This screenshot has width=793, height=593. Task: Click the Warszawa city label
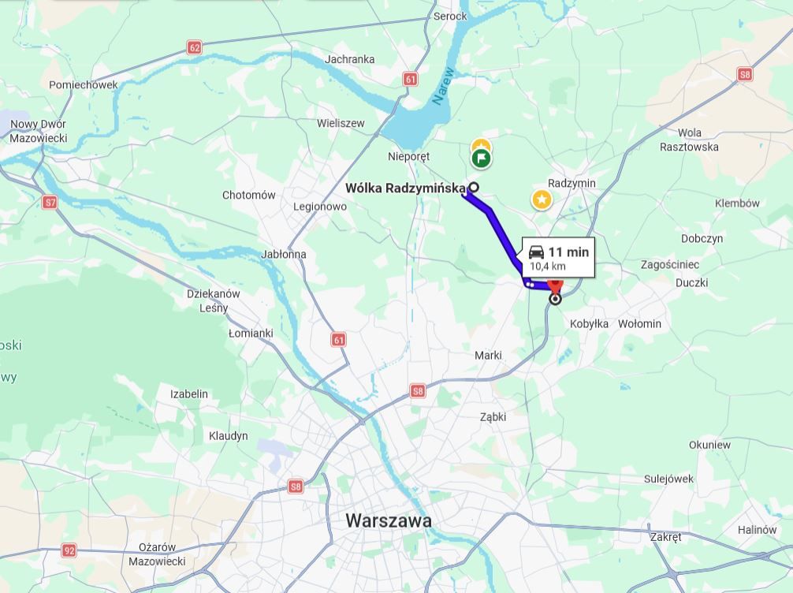(x=389, y=521)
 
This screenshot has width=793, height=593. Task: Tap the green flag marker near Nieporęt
(x=481, y=159)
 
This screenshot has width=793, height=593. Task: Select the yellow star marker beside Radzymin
(x=542, y=200)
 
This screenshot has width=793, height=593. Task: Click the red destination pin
(x=556, y=285)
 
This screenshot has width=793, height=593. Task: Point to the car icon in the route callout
(x=536, y=252)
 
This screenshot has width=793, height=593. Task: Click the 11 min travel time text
(x=568, y=252)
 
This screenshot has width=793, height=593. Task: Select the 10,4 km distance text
(x=548, y=267)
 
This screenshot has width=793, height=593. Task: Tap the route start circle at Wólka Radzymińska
(x=473, y=188)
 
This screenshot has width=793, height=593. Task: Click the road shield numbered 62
(x=195, y=47)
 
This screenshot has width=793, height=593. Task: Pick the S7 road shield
(x=50, y=203)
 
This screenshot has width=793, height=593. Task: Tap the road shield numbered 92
(x=69, y=550)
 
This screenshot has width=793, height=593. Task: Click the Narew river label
(x=443, y=86)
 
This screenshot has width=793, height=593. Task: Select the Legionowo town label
(x=319, y=207)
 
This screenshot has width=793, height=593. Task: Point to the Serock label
(x=450, y=16)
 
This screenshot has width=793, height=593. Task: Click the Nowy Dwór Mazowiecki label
(x=39, y=131)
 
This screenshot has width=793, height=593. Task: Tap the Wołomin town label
(x=639, y=323)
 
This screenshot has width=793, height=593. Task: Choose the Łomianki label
(x=251, y=334)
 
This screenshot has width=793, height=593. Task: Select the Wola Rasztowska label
(x=689, y=140)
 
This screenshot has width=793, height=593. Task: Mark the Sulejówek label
(x=668, y=479)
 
